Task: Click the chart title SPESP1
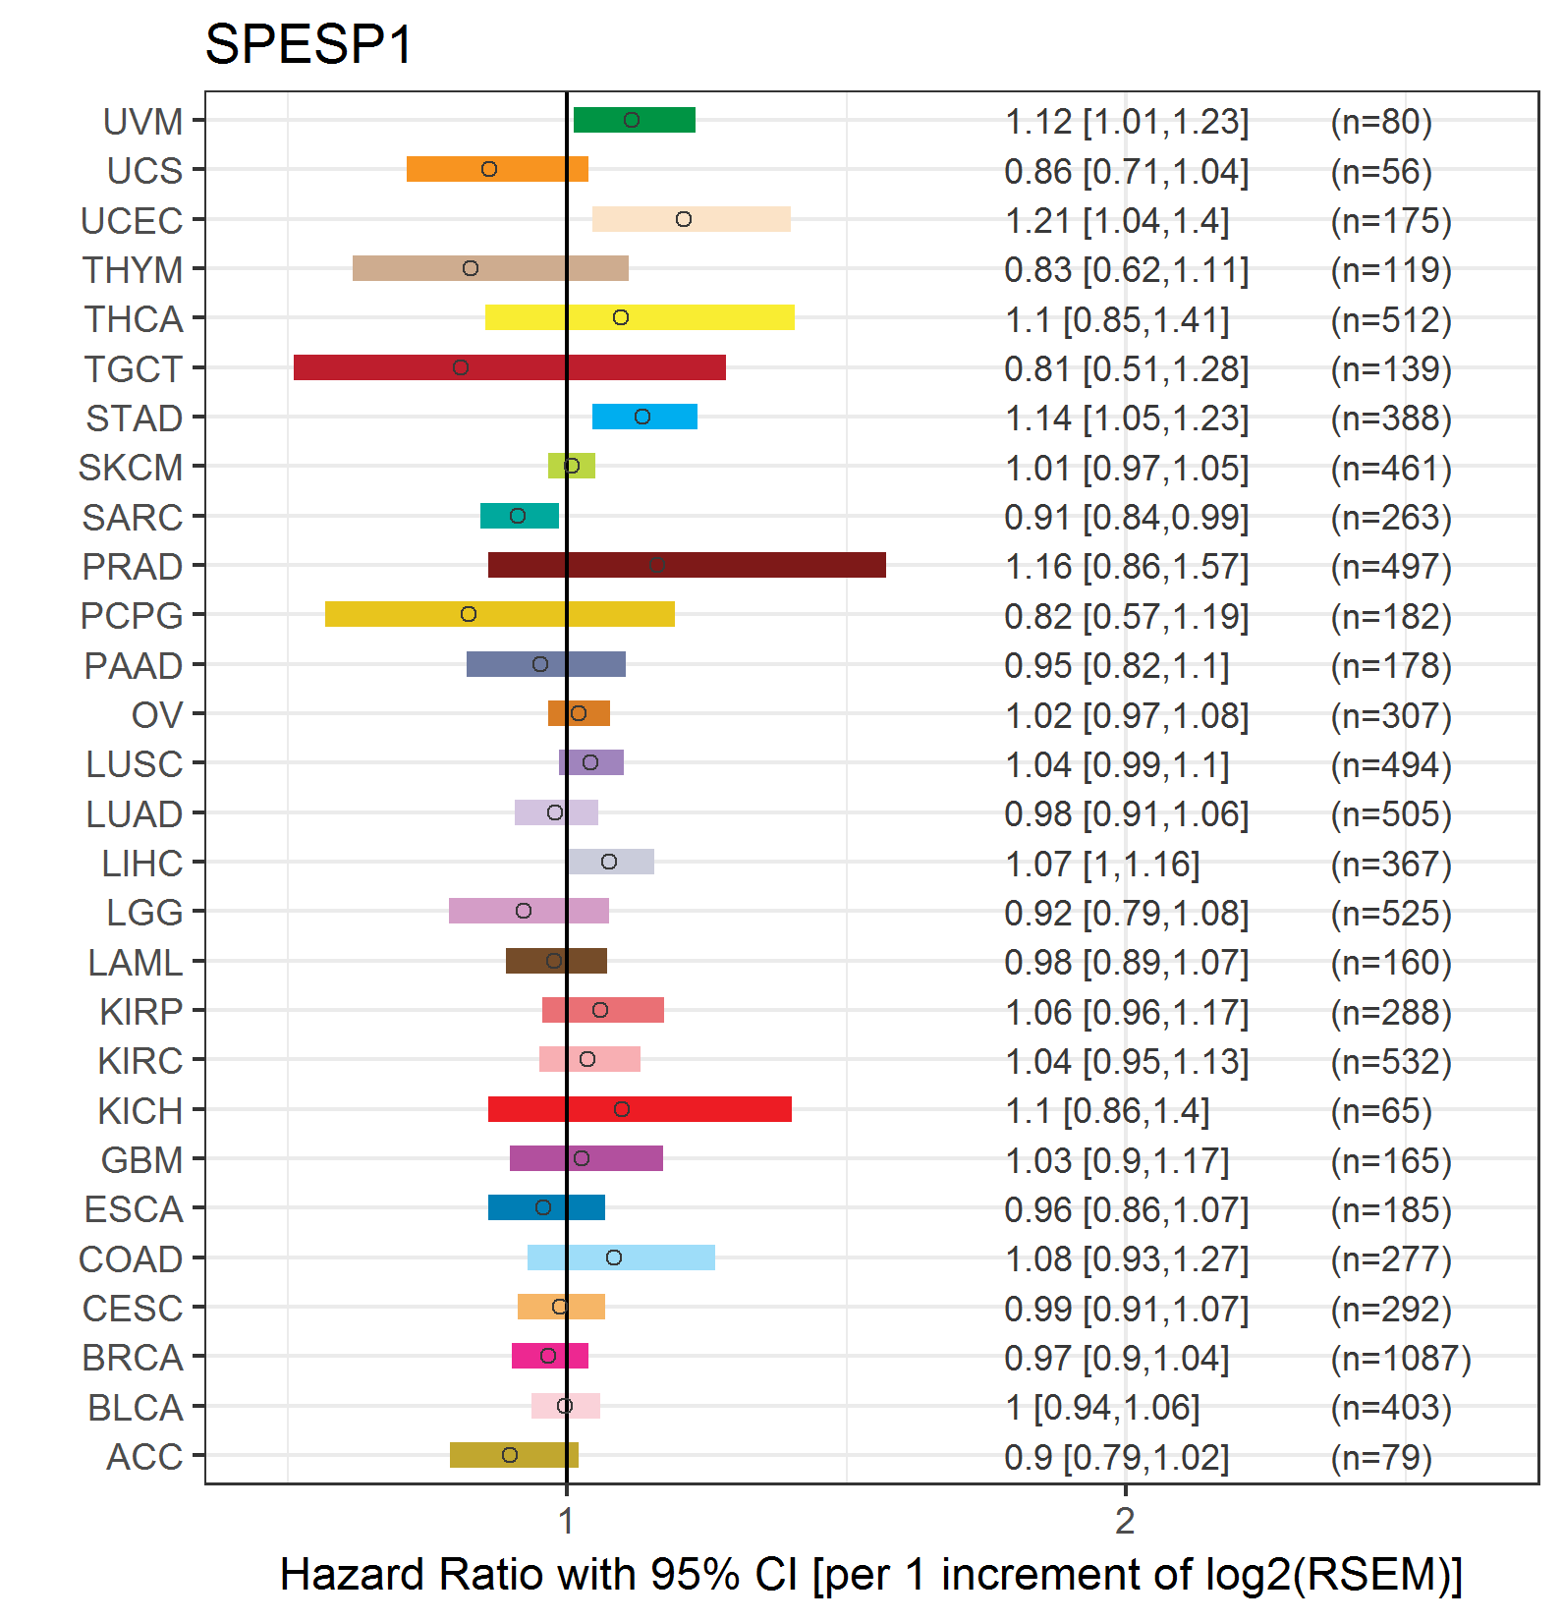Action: pos(308,44)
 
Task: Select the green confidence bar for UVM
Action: pos(635,120)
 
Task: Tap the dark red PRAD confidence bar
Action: pos(687,565)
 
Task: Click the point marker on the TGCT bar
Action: pos(461,367)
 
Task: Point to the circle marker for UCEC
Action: pos(684,219)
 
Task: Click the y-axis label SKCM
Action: pos(131,468)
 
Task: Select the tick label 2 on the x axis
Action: pos(1125,1521)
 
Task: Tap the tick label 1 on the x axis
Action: pos(566,1521)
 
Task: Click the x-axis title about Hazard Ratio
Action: pos(870,1574)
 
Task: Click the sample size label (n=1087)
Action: pos(1401,1358)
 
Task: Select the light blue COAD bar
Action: pos(621,1258)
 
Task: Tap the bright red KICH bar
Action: pos(640,1109)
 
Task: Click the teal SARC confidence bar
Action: pos(520,516)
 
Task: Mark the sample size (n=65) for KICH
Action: pos(1381,1111)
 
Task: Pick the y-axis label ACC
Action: pos(144,1457)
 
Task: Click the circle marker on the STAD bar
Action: pos(642,417)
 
